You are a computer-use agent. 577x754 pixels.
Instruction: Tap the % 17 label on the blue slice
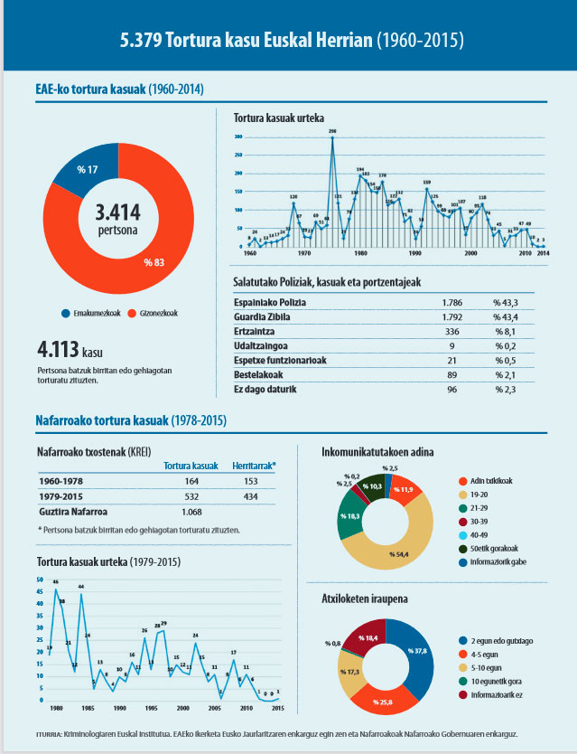click(x=87, y=171)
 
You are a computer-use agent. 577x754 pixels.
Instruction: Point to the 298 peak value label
click(x=332, y=132)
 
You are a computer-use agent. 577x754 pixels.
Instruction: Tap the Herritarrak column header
click(x=254, y=466)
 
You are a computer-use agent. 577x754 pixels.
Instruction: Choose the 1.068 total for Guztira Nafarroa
click(x=191, y=514)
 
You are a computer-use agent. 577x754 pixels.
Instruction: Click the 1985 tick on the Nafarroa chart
click(x=88, y=708)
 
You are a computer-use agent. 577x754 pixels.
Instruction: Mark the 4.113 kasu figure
click(x=69, y=351)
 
